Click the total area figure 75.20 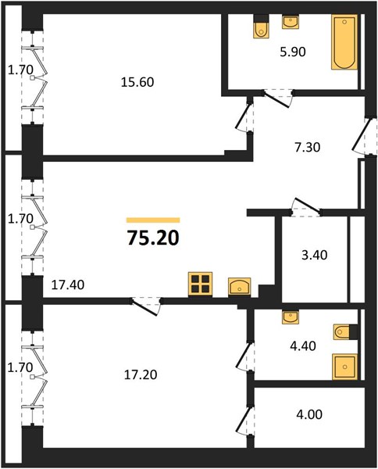[153, 238]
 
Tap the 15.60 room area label [137, 82]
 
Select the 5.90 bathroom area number [293, 52]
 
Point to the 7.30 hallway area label [307, 148]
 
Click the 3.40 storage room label [315, 255]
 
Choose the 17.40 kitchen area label [68, 285]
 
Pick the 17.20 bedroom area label [141, 374]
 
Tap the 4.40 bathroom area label [303, 346]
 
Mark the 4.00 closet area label [309, 415]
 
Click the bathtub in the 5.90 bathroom [344, 42]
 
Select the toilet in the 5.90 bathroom [261, 27]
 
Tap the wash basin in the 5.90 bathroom [291, 22]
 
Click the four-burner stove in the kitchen [200, 285]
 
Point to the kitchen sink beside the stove [239, 287]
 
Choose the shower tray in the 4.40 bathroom [345, 367]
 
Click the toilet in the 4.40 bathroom [345, 331]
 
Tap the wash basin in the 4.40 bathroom [291, 317]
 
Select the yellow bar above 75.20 [153, 220]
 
